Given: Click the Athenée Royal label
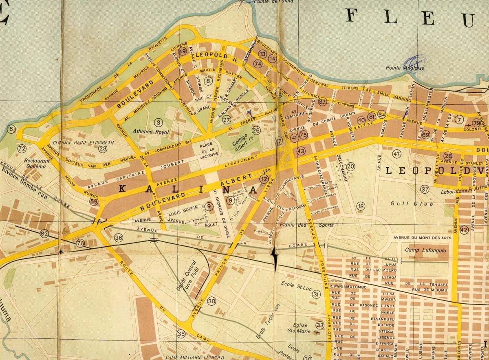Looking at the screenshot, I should (x=152, y=132).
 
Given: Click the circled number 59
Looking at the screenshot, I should (x=94, y=201).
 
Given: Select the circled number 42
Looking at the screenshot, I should (x=464, y=230).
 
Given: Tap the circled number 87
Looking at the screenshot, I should (x=323, y=102).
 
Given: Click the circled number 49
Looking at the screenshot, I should (x=183, y=51).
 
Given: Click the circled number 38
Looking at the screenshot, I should (x=211, y=301).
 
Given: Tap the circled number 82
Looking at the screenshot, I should (x=44, y=234).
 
